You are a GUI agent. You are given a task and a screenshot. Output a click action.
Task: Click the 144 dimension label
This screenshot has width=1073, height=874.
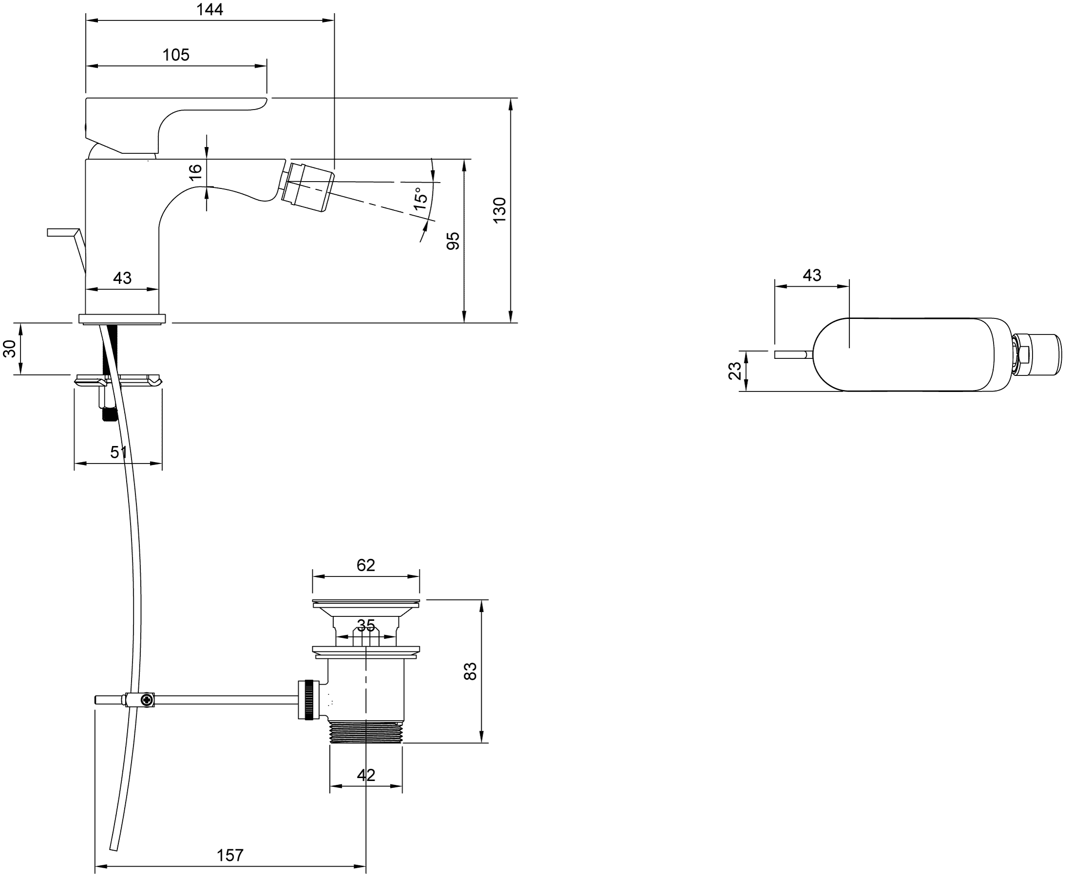pyautogui.click(x=209, y=10)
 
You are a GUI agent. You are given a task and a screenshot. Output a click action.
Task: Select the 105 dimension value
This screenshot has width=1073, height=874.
pyautogui.click(x=176, y=55)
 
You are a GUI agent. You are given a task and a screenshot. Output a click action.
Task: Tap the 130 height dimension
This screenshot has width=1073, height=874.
pyautogui.click(x=499, y=210)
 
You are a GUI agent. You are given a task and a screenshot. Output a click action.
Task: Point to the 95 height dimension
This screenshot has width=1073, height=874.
pyautogui.click(x=452, y=241)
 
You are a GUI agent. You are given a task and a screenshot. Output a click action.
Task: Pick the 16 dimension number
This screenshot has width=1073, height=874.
pyautogui.click(x=195, y=172)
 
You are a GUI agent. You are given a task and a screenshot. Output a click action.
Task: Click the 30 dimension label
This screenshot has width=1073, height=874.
pyautogui.click(x=10, y=349)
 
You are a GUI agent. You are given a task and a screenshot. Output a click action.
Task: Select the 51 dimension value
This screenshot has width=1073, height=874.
pyautogui.click(x=118, y=453)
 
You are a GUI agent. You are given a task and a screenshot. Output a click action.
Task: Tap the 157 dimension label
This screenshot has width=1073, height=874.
pyautogui.click(x=229, y=855)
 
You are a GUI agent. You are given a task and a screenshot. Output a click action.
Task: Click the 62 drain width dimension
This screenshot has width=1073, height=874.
pyautogui.click(x=366, y=565)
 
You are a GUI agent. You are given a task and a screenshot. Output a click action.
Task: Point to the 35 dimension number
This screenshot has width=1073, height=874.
pyautogui.click(x=366, y=626)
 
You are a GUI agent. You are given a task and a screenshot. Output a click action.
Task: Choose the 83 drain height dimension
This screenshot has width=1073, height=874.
pyautogui.click(x=470, y=671)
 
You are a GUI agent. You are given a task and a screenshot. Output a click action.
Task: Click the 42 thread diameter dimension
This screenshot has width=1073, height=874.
pyautogui.click(x=366, y=775)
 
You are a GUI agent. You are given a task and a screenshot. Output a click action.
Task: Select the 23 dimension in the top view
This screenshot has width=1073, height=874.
pyautogui.click(x=734, y=371)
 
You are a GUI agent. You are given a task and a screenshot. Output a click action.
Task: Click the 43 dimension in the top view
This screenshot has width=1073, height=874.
pyautogui.click(x=811, y=276)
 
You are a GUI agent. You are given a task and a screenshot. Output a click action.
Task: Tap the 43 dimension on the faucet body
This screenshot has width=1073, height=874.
pyautogui.click(x=122, y=278)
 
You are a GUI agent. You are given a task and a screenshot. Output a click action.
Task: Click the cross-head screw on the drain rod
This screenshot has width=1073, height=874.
pyautogui.click(x=147, y=700)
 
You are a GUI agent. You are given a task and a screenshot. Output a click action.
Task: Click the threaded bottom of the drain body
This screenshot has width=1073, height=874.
pyautogui.click(x=366, y=732)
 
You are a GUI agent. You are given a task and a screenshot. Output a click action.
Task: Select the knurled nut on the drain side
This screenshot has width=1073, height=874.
pyautogui.click(x=309, y=700)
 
